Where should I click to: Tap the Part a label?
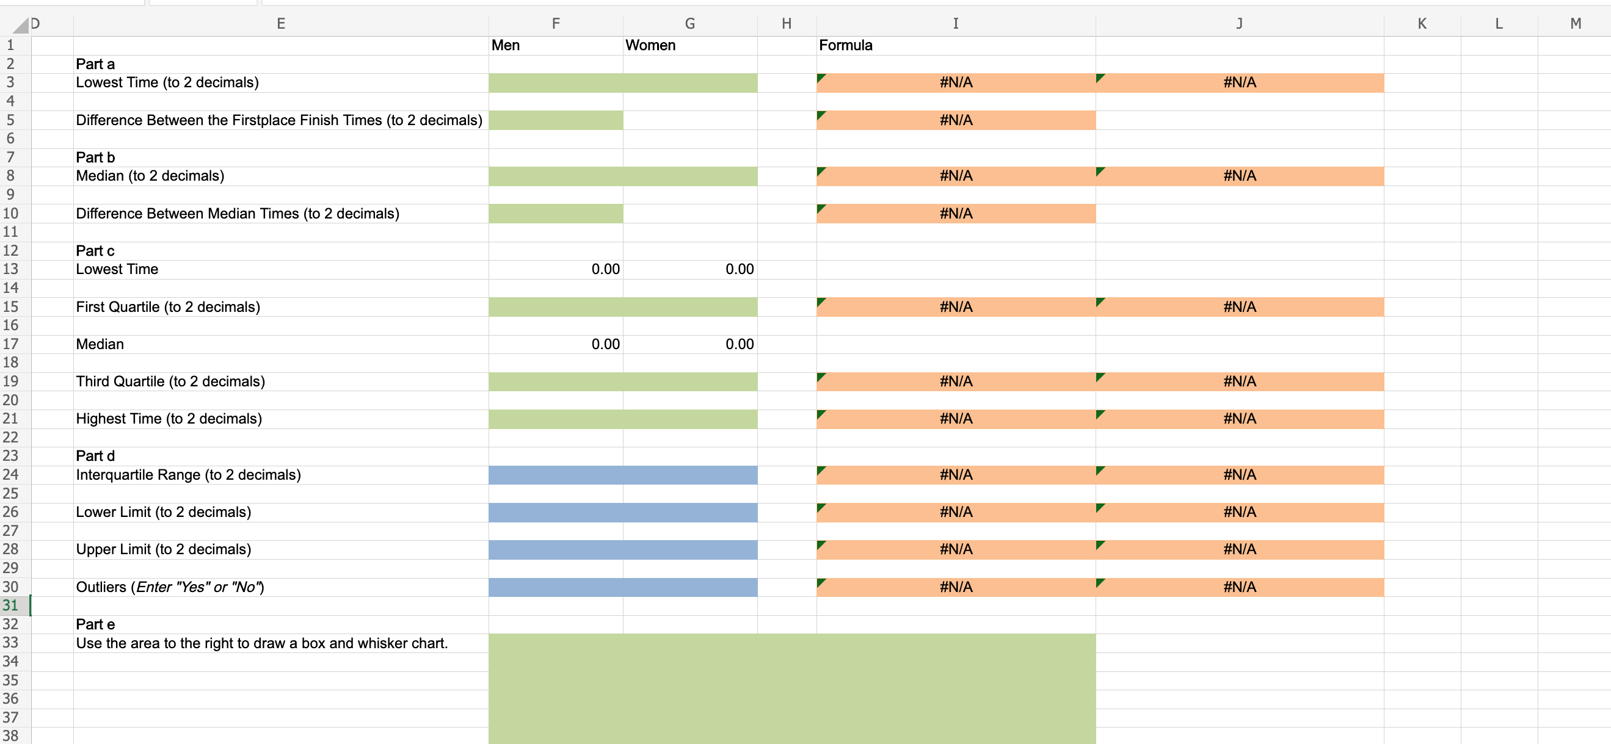point(95,63)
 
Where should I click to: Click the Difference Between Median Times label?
point(237,214)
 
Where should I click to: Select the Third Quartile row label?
point(170,381)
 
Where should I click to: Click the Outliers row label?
point(170,587)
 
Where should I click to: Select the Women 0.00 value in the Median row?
point(739,344)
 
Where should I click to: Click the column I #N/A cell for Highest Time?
point(956,419)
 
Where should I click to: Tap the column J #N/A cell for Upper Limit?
point(1240,549)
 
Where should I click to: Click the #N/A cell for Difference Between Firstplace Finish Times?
point(956,120)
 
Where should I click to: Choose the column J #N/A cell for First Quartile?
point(1240,307)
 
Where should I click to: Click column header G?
point(690,24)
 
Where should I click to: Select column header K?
point(1422,24)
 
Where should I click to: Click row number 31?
point(10,605)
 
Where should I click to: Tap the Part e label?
point(95,624)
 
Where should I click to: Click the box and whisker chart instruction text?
point(261,643)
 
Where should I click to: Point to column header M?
point(1576,24)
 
